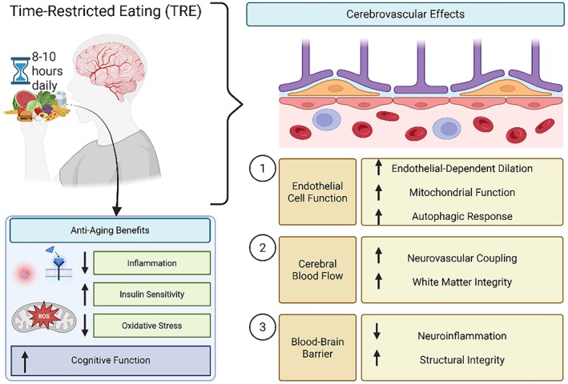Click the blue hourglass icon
point(20,70)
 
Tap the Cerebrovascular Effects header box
point(405,14)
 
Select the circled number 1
point(263,169)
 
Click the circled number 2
point(263,248)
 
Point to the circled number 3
point(263,327)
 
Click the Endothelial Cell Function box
point(317,192)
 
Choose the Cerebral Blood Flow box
point(317,270)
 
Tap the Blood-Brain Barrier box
point(317,347)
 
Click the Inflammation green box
point(151,263)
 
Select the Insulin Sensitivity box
point(151,294)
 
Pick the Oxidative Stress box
point(151,326)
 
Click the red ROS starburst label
point(44,316)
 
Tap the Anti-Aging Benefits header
point(110,230)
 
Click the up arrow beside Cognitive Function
point(25,361)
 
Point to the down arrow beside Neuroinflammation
point(377,331)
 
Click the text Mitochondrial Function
point(462,192)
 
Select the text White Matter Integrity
point(462,282)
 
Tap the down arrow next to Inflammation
point(85,262)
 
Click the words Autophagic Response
point(462,216)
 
